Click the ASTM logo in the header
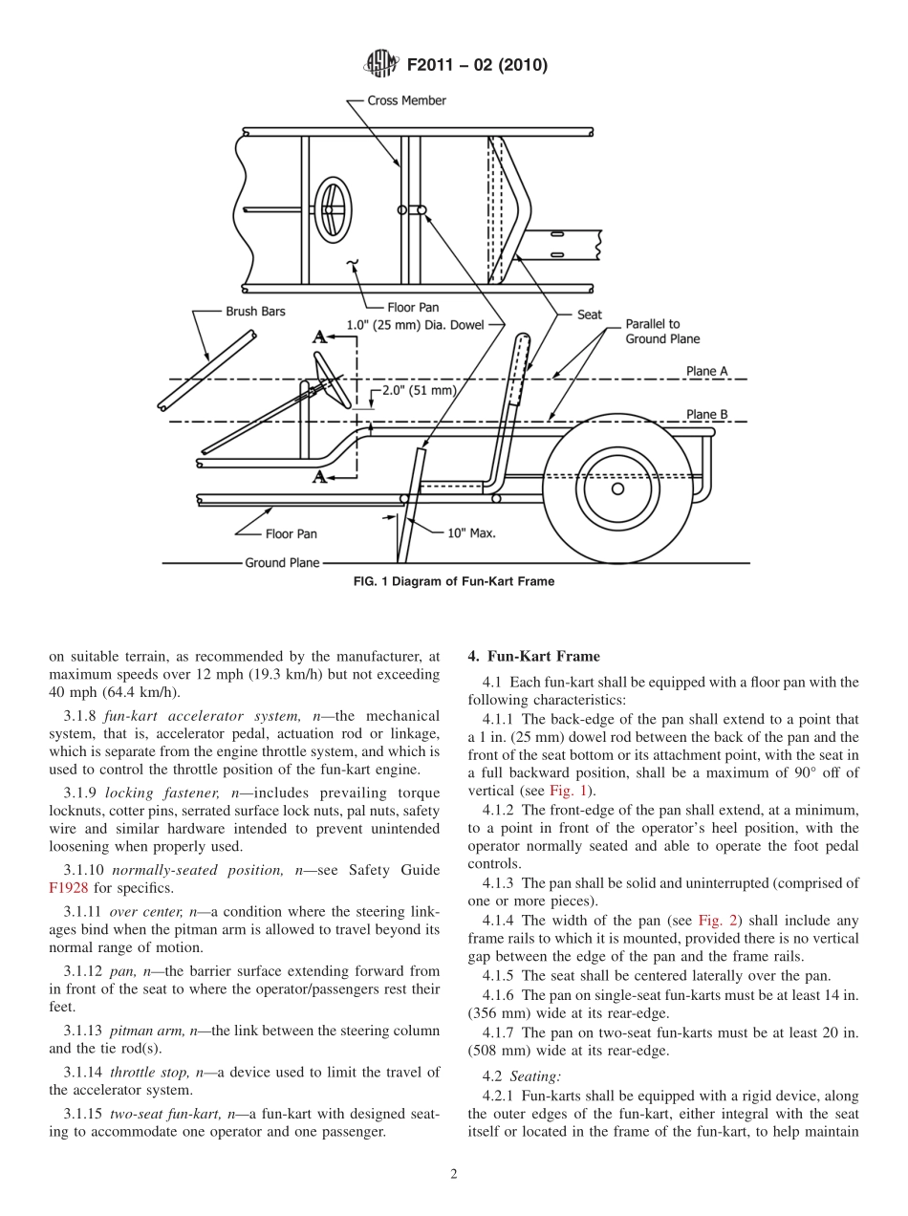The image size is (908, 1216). point(380,65)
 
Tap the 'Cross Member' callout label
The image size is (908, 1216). point(406,100)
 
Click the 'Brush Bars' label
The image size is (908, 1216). point(255,312)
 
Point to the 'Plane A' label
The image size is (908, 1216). point(706,371)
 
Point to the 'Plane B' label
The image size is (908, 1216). point(706,414)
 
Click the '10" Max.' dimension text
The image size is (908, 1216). point(471,532)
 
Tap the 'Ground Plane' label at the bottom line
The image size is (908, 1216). point(282,563)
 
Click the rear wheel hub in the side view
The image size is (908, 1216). point(617,489)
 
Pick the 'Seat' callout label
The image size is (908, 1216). point(590,314)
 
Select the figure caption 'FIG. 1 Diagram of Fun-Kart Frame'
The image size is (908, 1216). point(453,581)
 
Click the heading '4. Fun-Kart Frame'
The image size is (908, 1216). point(533,656)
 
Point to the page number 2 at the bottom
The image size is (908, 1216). point(453,1175)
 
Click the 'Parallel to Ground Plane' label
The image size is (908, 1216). point(662,332)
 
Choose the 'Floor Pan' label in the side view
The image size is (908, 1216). point(292,533)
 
